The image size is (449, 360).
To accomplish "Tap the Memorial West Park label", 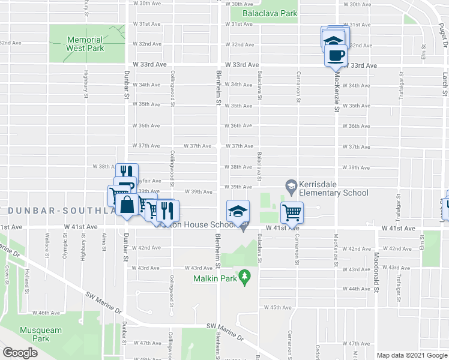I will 85,44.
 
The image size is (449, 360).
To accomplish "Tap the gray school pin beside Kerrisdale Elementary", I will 291,185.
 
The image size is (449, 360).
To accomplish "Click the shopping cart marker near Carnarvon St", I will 292,212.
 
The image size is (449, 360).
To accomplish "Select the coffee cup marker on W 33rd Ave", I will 334,56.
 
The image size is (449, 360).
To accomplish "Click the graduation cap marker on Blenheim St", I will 237,211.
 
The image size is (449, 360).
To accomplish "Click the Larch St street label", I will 444,84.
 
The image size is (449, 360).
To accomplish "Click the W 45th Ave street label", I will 277,307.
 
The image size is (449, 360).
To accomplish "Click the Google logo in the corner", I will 20,353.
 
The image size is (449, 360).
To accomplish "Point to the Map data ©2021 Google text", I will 411,355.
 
